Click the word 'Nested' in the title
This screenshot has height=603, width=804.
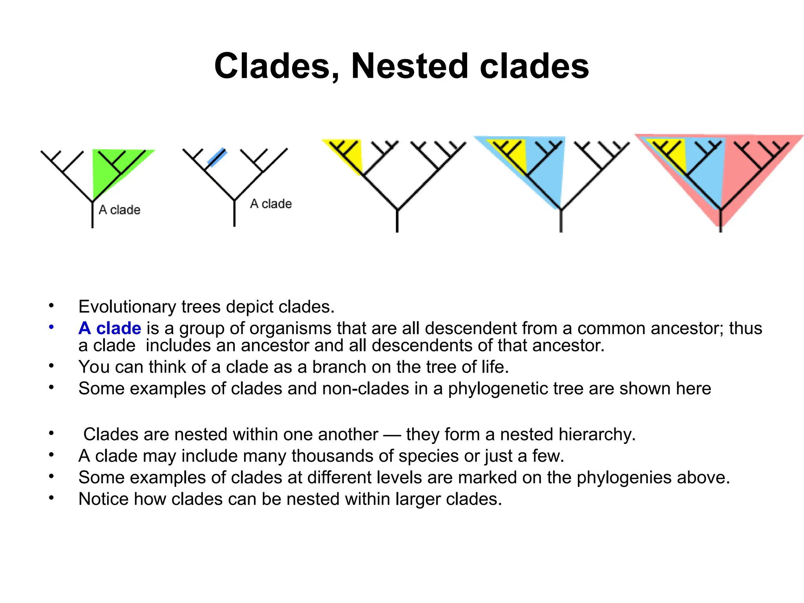tap(410, 66)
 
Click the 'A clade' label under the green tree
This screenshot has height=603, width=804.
tap(119, 210)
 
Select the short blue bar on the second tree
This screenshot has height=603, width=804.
tap(217, 157)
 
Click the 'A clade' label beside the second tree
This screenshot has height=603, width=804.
tap(271, 204)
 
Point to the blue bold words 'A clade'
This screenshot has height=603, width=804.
tap(110, 328)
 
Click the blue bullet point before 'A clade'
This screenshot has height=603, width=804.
tap(51, 327)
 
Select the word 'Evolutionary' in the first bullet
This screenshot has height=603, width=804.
tap(127, 307)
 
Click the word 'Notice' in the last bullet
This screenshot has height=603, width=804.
tap(103, 499)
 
